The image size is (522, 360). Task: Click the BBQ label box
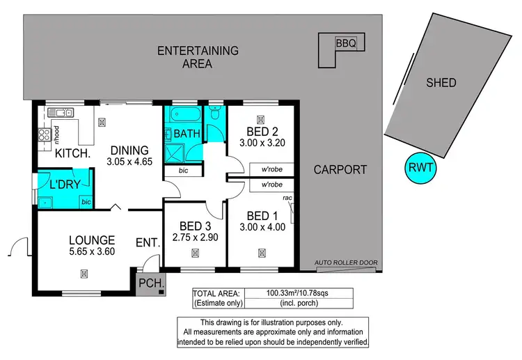coord(346,43)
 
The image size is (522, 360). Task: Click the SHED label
coord(441,83)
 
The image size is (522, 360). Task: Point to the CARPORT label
coord(340,169)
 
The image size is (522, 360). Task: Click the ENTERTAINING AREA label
coord(198,56)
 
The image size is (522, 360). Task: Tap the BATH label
coord(187,133)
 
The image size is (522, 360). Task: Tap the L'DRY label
coord(63,185)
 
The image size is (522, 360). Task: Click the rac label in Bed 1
coord(287,198)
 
